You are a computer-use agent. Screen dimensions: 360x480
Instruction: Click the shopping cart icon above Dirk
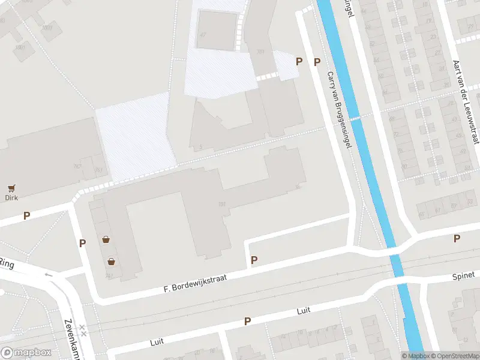click(x=11, y=188)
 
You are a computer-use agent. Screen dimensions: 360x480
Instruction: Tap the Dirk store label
click(x=11, y=197)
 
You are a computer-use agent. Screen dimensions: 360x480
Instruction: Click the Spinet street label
click(x=464, y=277)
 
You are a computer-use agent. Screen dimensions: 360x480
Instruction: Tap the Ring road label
click(x=7, y=263)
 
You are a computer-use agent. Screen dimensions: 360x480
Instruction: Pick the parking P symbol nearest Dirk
click(x=26, y=215)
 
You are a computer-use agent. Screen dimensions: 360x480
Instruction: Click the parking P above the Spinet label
click(x=457, y=239)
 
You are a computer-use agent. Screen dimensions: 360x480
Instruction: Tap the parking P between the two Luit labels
click(x=247, y=322)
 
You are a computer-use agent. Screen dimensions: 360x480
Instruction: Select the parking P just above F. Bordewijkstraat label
click(x=254, y=260)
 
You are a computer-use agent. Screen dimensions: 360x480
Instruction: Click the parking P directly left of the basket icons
click(x=82, y=243)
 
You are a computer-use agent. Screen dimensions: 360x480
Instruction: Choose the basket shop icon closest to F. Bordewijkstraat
click(x=112, y=262)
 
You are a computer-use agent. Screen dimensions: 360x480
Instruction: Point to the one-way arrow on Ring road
click(x=49, y=275)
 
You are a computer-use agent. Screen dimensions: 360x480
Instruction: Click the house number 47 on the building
click(x=203, y=35)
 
